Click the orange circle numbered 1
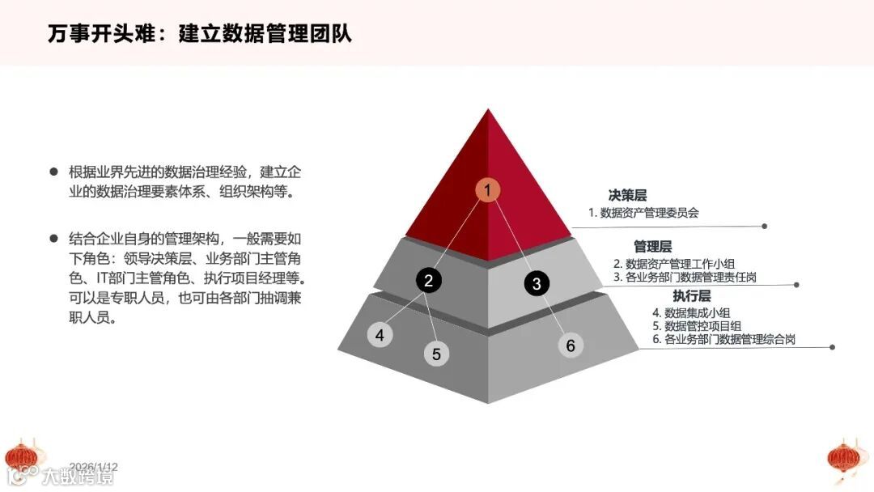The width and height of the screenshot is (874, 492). point(487,190)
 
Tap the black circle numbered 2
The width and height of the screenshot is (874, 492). point(429,280)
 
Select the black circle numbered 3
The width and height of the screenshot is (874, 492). point(537,283)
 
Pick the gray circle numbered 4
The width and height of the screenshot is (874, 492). point(380,334)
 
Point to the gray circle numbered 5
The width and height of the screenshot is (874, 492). point(436,354)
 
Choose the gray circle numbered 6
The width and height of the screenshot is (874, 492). point(571,346)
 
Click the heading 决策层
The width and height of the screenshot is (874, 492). point(627,195)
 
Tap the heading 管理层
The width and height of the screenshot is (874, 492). point(652,246)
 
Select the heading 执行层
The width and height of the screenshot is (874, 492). point(691,295)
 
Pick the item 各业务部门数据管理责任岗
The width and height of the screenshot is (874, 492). point(696,278)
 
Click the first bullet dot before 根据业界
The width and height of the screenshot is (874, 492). point(54,172)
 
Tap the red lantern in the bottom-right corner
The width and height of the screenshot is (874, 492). point(846,458)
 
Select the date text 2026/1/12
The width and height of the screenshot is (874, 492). point(94,467)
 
